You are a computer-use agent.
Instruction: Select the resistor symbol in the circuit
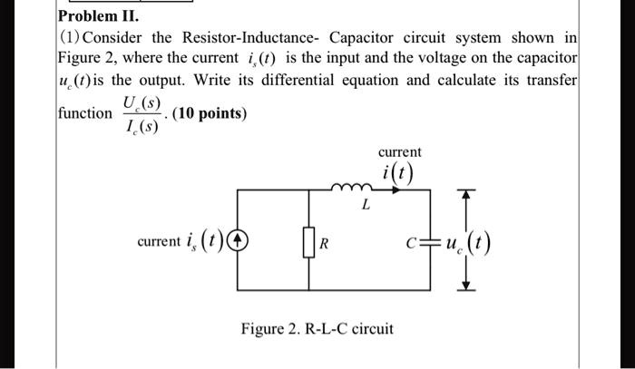pos(310,242)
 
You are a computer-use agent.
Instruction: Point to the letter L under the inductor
pos(365,206)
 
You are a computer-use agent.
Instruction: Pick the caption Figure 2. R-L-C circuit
pos(317,327)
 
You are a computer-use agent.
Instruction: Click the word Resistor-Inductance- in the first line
pos(239,40)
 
